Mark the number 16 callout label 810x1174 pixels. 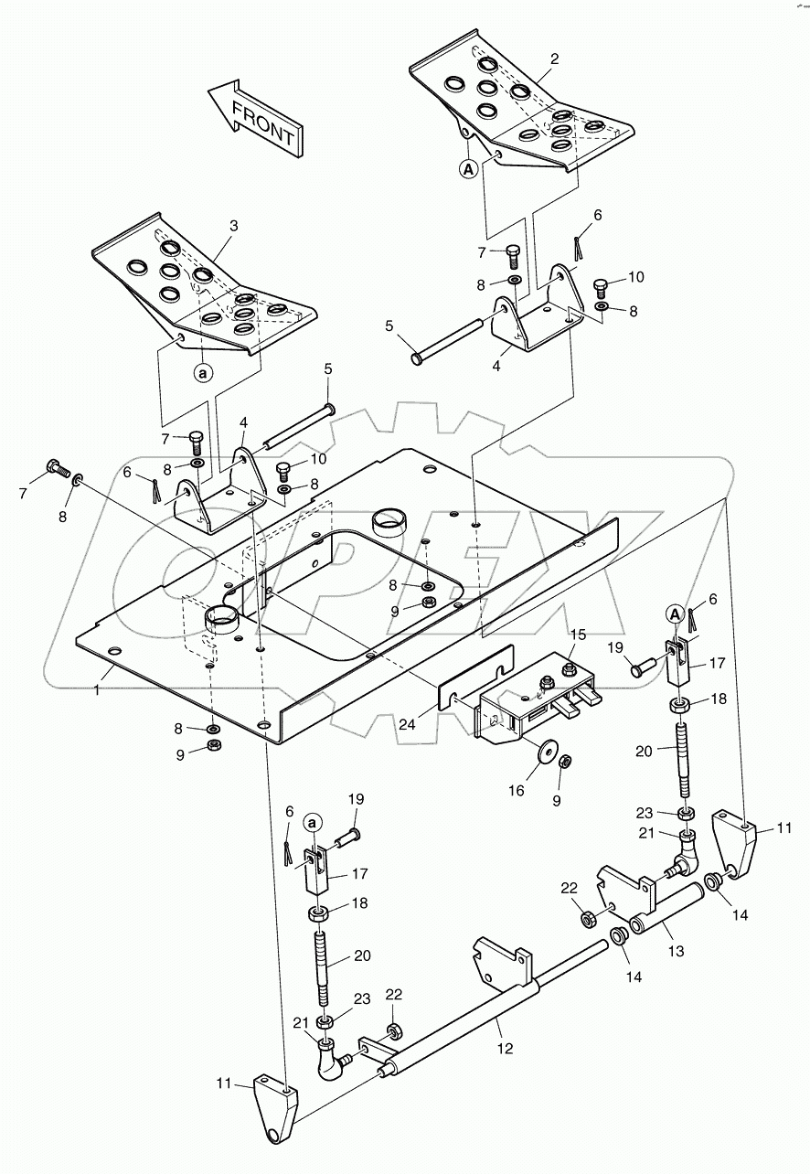[x=517, y=791]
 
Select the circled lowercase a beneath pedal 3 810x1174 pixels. [x=204, y=373]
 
